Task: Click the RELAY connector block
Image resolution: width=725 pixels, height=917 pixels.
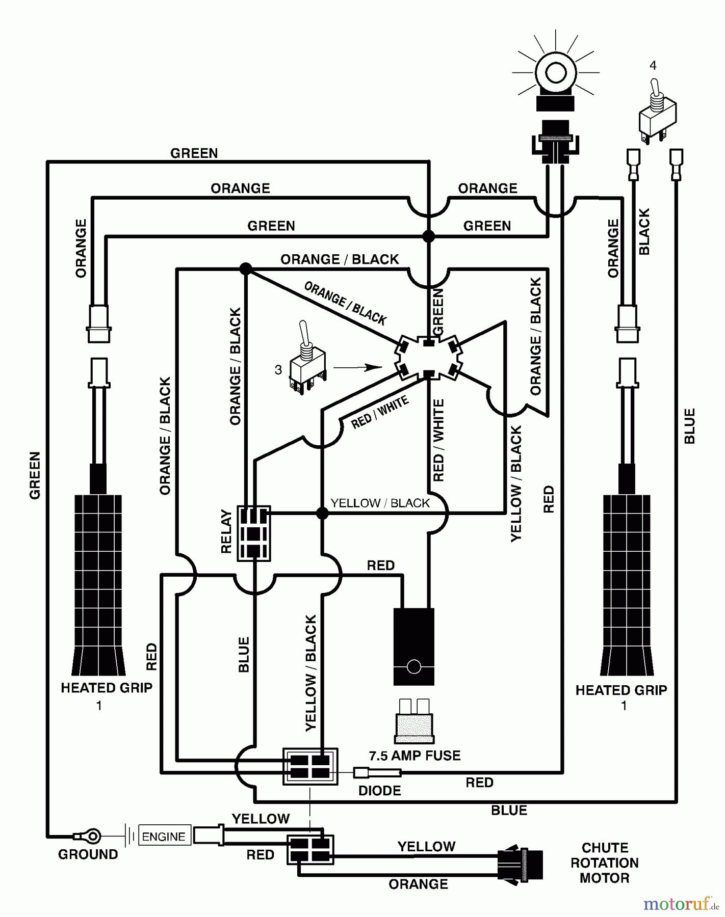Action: click(x=254, y=533)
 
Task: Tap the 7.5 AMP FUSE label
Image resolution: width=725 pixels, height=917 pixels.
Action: click(x=415, y=756)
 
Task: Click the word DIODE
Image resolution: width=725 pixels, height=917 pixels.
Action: click(x=379, y=791)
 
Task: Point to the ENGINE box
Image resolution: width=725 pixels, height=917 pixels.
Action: click(x=164, y=837)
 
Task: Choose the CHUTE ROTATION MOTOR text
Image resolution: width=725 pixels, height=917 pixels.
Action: click(x=605, y=863)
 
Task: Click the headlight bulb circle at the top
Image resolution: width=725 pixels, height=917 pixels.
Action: click(x=555, y=73)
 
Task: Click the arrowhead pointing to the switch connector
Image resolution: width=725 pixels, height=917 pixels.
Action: click(x=375, y=367)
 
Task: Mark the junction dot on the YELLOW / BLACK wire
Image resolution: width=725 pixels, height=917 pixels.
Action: click(x=322, y=513)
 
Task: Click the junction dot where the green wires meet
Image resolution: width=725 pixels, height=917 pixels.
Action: click(x=429, y=236)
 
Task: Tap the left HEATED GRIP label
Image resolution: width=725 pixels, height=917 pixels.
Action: click(x=107, y=688)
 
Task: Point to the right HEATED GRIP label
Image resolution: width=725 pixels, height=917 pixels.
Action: click(x=621, y=690)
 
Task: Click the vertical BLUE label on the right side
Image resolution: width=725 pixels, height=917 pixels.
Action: click(x=689, y=426)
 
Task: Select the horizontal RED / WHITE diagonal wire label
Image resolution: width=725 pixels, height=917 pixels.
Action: click(x=380, y=413)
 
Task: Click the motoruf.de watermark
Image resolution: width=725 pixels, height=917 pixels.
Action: click(x=681, y=904)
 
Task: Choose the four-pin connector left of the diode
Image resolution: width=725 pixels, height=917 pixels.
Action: click(x=310, y=766)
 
